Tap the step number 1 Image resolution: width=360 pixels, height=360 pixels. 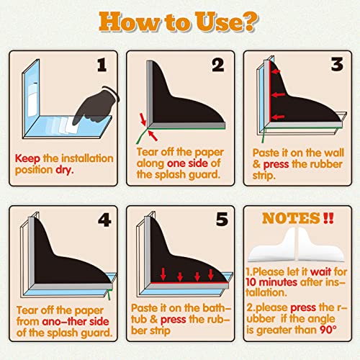click(x=102, y=65)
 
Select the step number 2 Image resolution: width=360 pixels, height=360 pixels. click(x=218, y=65)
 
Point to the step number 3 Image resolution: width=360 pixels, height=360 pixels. click(x=337, y=64)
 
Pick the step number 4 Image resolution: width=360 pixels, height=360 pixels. click(x=104, y=220)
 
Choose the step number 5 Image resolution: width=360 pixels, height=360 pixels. click(x=222, y=219)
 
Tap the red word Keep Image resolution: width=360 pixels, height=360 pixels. click(x=27, y=159)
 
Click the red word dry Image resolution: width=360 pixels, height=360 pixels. click(x=65, y=170)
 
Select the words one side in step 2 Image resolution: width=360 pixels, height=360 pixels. click(x=187, y=163)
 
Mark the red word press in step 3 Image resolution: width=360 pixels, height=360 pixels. click(x=276, y=165)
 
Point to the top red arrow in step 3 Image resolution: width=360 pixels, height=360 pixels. click(x=276, y=71)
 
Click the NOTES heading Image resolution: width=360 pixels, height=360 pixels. click(x=291, y=218)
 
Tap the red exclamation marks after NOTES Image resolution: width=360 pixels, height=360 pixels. click(x=328, y=218)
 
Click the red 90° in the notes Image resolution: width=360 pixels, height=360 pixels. click(x=328, y=330)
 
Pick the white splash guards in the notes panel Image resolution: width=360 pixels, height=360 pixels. click(x=297, y=245)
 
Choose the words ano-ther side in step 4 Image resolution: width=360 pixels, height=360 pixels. click(x=76, y=322)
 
